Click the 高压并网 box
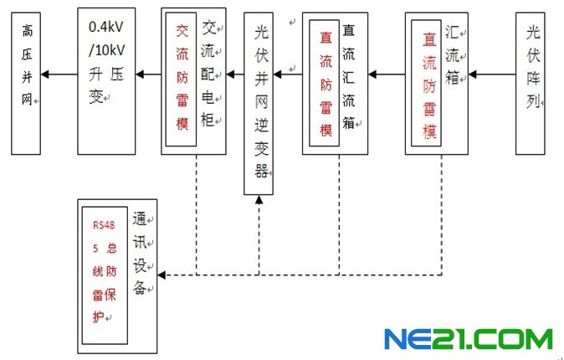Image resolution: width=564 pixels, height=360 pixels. click(x=26, y=82)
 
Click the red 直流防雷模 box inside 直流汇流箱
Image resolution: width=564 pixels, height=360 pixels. click(x=326, y=84)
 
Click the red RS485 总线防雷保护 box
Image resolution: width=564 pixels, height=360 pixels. click(x=105, y=271)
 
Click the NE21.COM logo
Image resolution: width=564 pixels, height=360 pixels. click(x=468, y=339)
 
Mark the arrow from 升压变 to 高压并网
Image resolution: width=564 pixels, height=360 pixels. click(x=59, y=75)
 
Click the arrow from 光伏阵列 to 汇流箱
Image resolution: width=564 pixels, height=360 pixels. click(x=490, y=75)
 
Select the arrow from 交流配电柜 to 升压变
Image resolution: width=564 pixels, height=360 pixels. click(x=148, y=75)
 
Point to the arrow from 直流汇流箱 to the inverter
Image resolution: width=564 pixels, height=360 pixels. click(x=288, y=75)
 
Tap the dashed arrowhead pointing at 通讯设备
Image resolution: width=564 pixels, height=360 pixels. click(x=163, y=275)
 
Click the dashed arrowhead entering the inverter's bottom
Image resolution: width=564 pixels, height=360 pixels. click(x=259, y=200)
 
